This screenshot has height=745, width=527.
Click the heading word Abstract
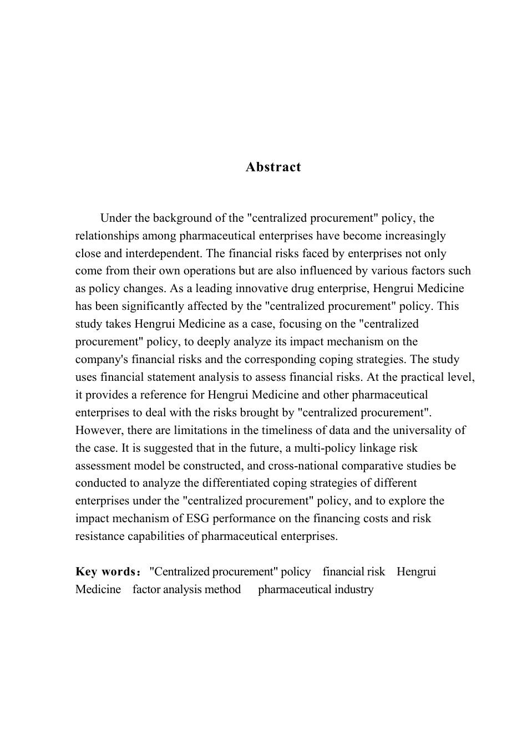pos(273,167)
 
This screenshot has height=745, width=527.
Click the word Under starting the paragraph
pos(115,218)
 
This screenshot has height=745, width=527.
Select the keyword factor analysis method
pos(186,589)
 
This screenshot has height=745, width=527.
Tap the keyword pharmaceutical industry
pos(316,589)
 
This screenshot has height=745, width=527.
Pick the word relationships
pos(105,236)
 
